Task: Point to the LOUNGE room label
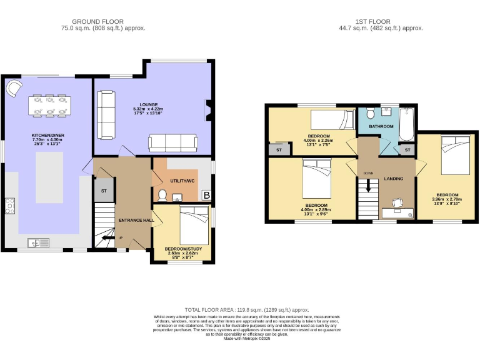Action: [x=148, y=104]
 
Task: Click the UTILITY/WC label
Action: [x=182, y=181]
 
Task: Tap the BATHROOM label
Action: [x=381, y=126]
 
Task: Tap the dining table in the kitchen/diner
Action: [x=49, y=105]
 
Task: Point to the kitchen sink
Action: [x=37, y=242]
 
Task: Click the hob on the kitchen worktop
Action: [x=10, y=206]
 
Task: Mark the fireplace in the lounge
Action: [x=209, y=111]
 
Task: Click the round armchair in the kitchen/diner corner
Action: [x=14, y=89]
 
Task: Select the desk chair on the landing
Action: [x=396, y=203]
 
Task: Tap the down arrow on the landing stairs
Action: [x=368, y=186]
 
